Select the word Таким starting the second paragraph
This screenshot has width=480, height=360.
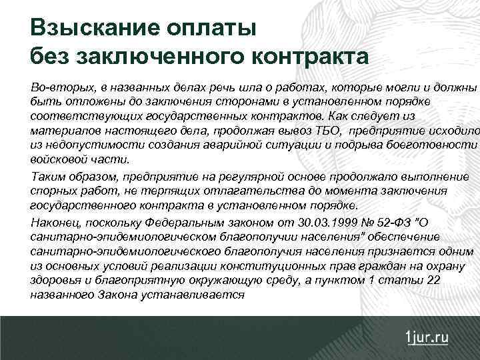coord(46,177)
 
